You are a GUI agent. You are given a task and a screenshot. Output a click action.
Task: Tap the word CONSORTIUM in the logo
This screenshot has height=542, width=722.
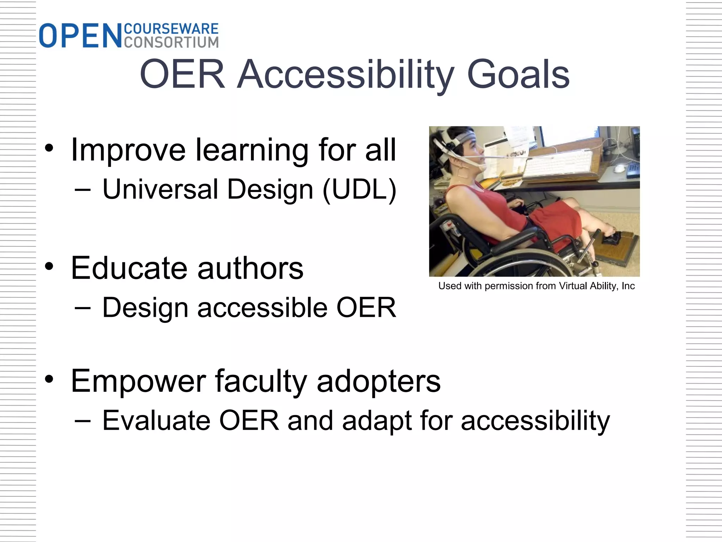(x=171, y=42)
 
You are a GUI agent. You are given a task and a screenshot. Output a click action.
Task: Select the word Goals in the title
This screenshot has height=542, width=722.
(x=518, y=74)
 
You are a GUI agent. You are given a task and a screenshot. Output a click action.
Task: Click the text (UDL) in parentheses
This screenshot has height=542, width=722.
(x=360, y=189)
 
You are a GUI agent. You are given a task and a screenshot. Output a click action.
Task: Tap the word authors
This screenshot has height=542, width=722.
(x=250, y=268)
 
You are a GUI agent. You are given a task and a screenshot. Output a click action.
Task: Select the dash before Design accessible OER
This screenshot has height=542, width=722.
(x=83, y=307)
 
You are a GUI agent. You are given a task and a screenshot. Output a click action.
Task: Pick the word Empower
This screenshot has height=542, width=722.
(x=138, y=381)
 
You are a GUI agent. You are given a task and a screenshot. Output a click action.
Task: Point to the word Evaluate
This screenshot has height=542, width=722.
(x=157, y=421)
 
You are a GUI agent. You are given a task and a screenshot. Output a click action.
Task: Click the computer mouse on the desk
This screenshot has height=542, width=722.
(x=619, y=168)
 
